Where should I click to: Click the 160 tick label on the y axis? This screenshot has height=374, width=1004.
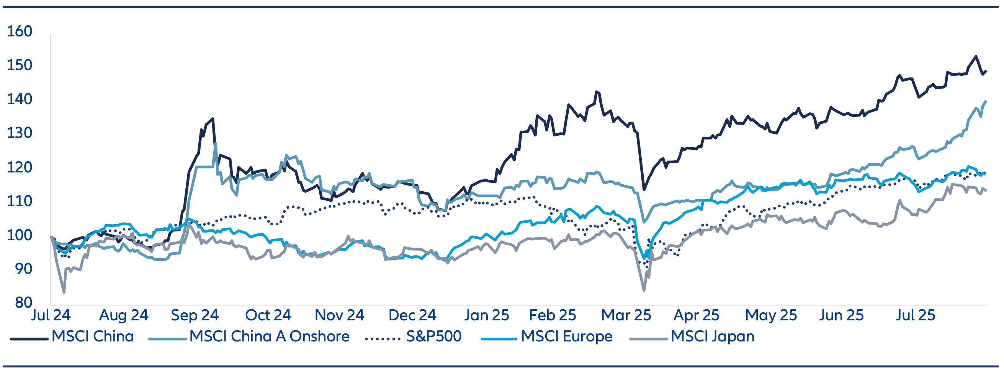click(x=20, y=31)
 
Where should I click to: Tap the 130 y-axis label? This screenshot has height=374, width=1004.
click(x=20, y=133)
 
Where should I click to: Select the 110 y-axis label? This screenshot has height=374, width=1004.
click(x=20, y=201)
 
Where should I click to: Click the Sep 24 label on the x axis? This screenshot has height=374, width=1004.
click(x=195, y=315)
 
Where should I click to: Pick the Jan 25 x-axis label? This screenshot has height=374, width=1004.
click(x=486, y=315)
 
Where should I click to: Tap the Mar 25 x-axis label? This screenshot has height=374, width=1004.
click(x=626, y=315)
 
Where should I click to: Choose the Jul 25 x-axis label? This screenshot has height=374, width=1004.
click(x=915, y=315)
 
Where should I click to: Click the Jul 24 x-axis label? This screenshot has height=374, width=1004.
click(x=51, y=315)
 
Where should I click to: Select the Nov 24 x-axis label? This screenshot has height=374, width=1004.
click(x=339, y=315)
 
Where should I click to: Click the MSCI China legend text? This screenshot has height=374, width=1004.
click(x=92, y=336)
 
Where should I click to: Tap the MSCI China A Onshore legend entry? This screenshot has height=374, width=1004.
click(x=269, y=336)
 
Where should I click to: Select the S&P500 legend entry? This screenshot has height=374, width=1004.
click(x=433, y=336)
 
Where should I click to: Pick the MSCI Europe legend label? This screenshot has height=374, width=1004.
click(x=566, y=336)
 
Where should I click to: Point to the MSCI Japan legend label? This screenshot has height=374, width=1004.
click(x=712, y=336)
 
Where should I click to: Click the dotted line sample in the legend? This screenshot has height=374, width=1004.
click(x=383, y=338)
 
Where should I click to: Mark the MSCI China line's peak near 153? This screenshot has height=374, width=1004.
click(x=976, y=57)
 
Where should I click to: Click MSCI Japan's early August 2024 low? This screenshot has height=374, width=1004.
click(x=64, y=292)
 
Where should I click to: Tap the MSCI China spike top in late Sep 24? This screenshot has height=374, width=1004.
click(x=213, y=118)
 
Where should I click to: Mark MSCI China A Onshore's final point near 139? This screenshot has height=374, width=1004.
click(x=986, y=102)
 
